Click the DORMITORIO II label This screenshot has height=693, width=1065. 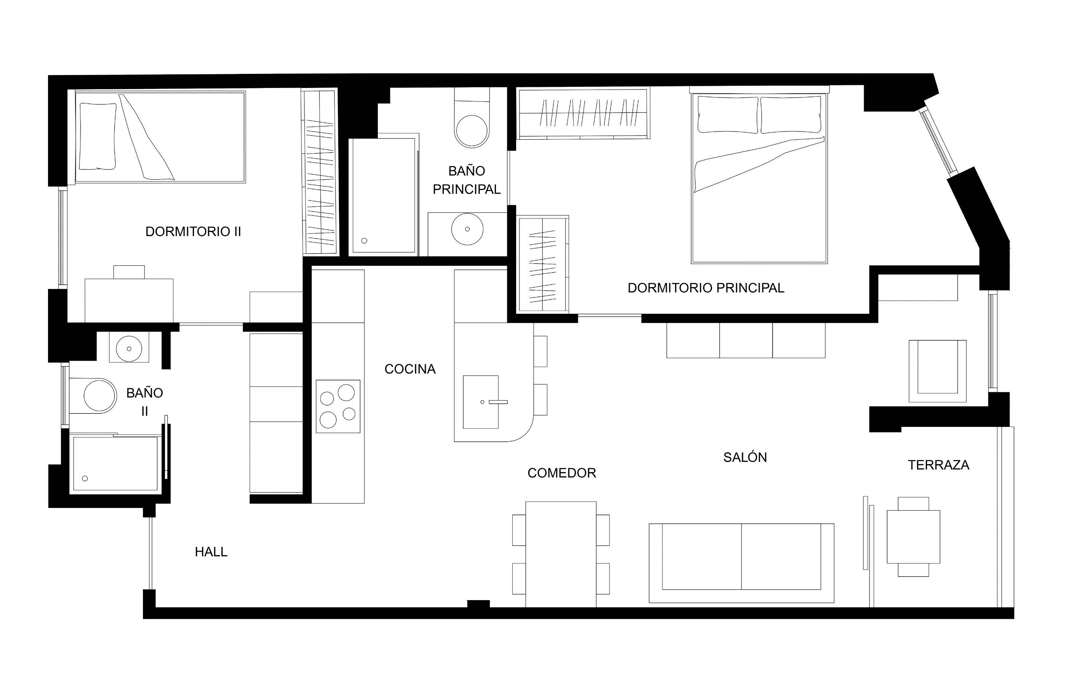pos(193,232)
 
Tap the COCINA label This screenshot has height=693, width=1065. pos(410,369)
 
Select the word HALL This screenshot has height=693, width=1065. pos(211,552)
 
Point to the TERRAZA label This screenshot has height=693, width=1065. pos(938,465)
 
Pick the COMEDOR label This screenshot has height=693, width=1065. pos(562,473)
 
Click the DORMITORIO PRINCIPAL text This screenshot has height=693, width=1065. pos(706,288)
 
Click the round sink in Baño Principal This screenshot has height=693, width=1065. pos(467,229)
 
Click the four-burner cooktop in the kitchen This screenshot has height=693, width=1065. pos(338,406)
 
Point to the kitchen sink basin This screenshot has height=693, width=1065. pos(481,402)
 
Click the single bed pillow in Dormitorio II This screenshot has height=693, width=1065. pos(98,136)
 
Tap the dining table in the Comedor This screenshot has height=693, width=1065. pos(561,554)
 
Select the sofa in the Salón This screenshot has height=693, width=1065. pos(741,563)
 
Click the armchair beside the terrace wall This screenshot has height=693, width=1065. pos(937,371)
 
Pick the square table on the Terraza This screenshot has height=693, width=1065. pos(913,537)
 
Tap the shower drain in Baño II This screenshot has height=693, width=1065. pos(85,478)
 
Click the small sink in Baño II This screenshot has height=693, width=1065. pos(129,348)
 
